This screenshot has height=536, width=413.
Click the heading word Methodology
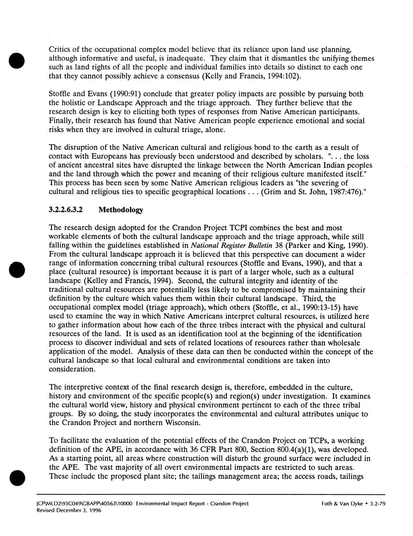click(121, 210)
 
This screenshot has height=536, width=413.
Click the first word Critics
click(59, 50)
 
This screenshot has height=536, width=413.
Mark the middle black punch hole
click(17, 259)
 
